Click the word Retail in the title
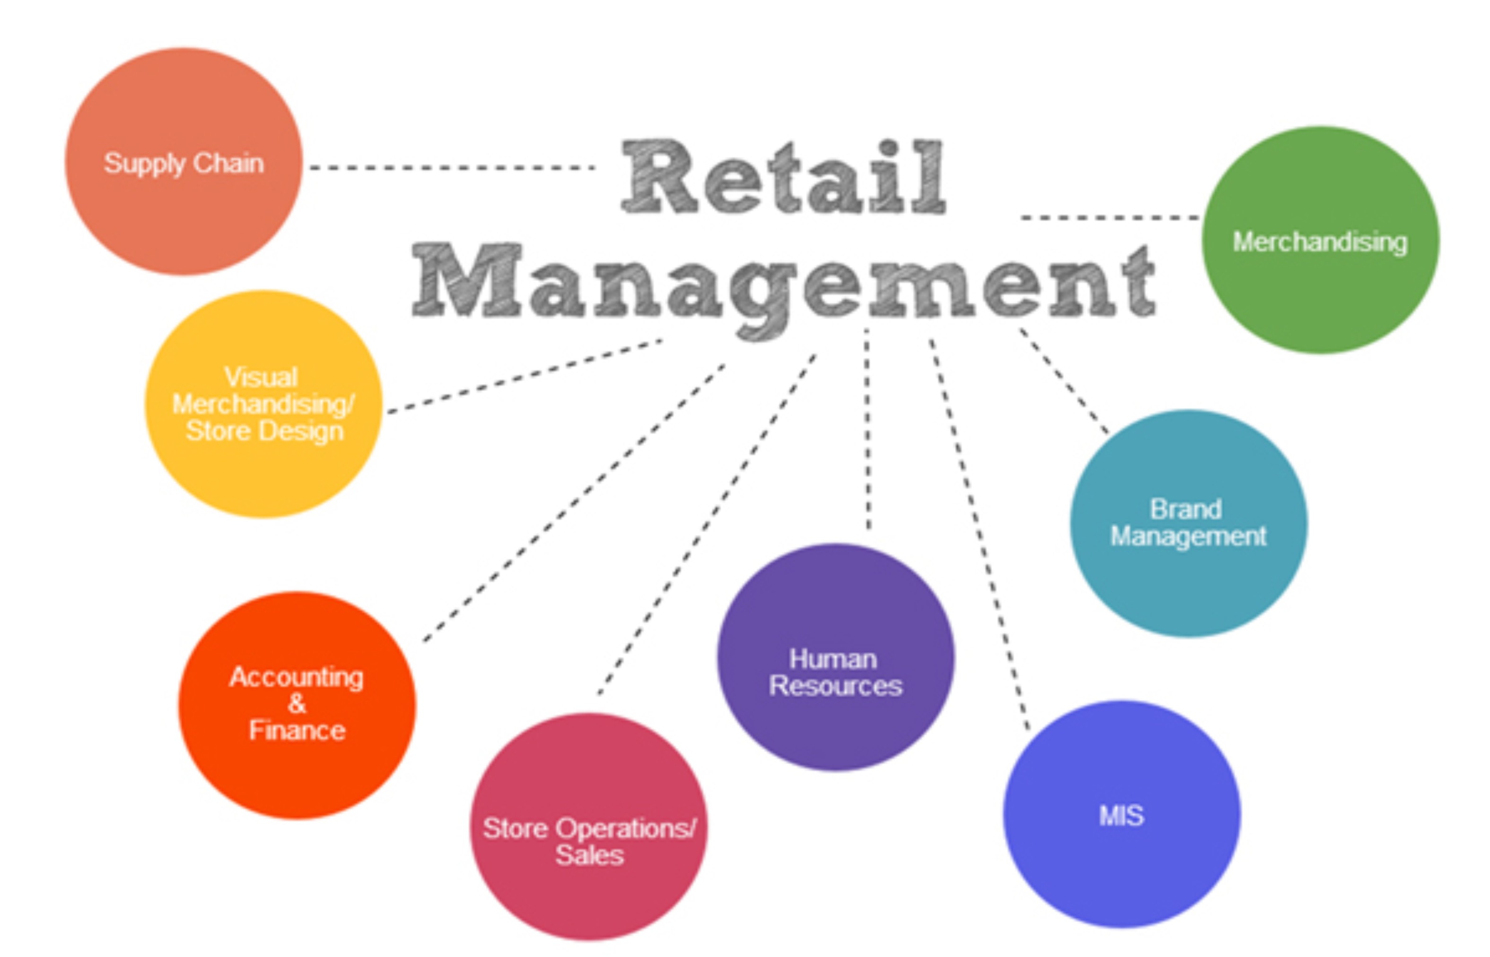784,177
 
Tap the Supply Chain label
184,164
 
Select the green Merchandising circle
1320,241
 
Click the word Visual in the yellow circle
261,377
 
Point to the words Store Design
265,431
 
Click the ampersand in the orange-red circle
297,704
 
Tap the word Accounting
297,677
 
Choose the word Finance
297,730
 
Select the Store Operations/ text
589,828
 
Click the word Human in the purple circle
833,659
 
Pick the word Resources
835,686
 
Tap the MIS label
1121,815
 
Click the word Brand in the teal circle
1186,509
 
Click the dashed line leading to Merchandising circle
1109,217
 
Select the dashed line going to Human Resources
868,429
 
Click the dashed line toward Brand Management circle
1063,380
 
